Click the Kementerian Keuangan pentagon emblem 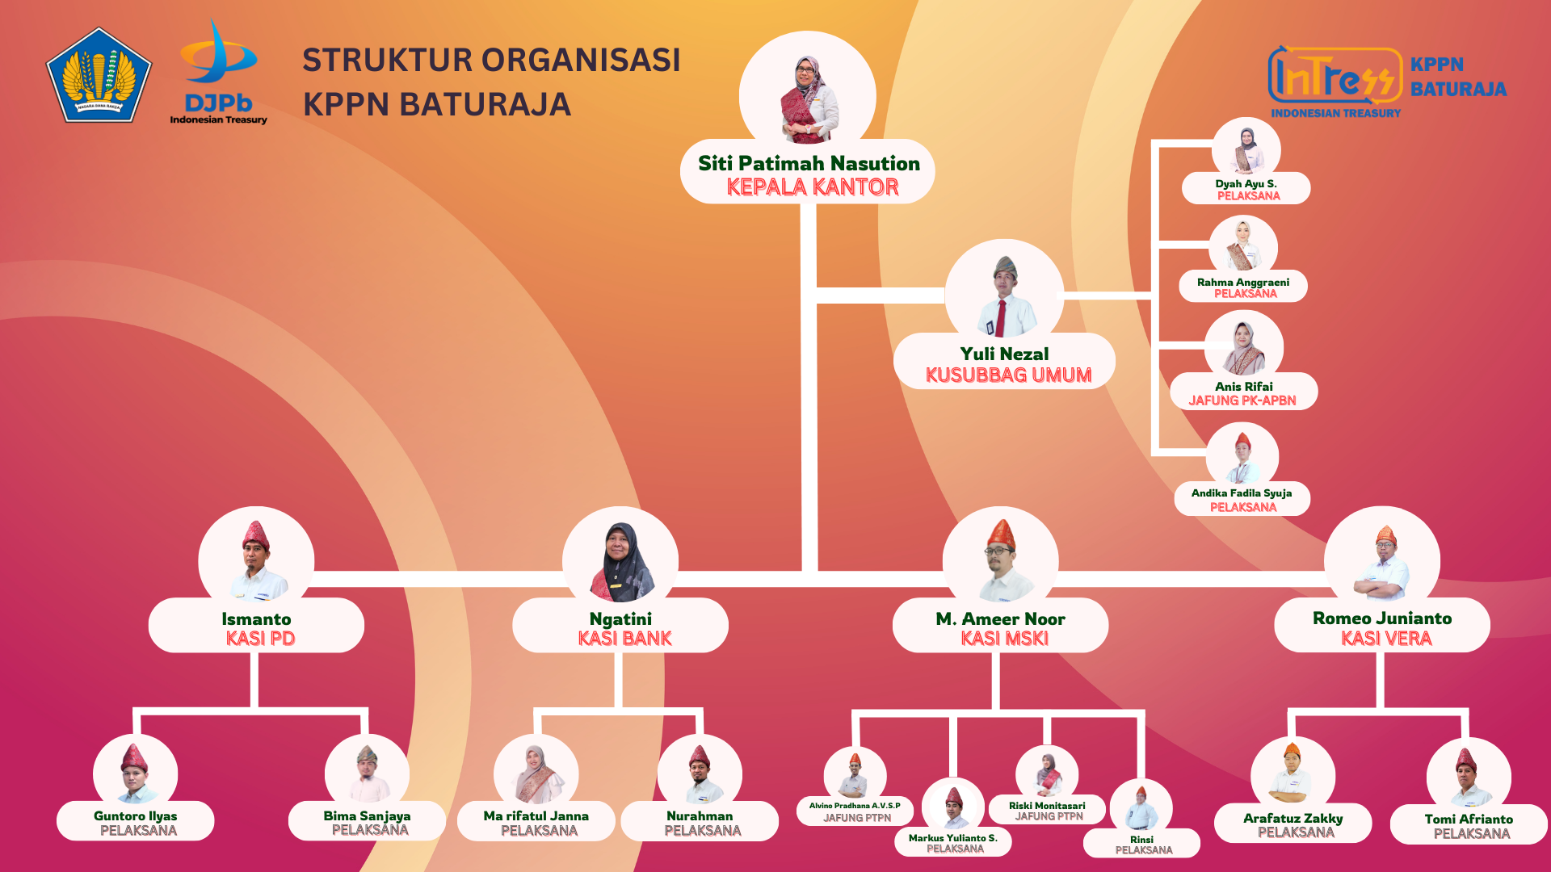pos(99,76)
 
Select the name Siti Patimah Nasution pos(809,164)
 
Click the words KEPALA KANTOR pos(812,187)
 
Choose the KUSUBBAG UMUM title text pos(1008,375)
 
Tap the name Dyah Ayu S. pos(1246,184)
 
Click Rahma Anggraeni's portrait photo pos(1243,245)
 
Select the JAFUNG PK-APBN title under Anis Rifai pos(1242,400)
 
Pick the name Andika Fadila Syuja pos(1242,493)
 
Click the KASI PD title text pos(260,639)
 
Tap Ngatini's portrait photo pos(620,561)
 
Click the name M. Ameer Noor pos(1000,619)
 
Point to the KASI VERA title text pos(1386,639)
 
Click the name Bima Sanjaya pos(367,816)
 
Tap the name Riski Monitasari pos(1047,806)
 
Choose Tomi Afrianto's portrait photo pos(1469,776)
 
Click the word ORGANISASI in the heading pos(582,61)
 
